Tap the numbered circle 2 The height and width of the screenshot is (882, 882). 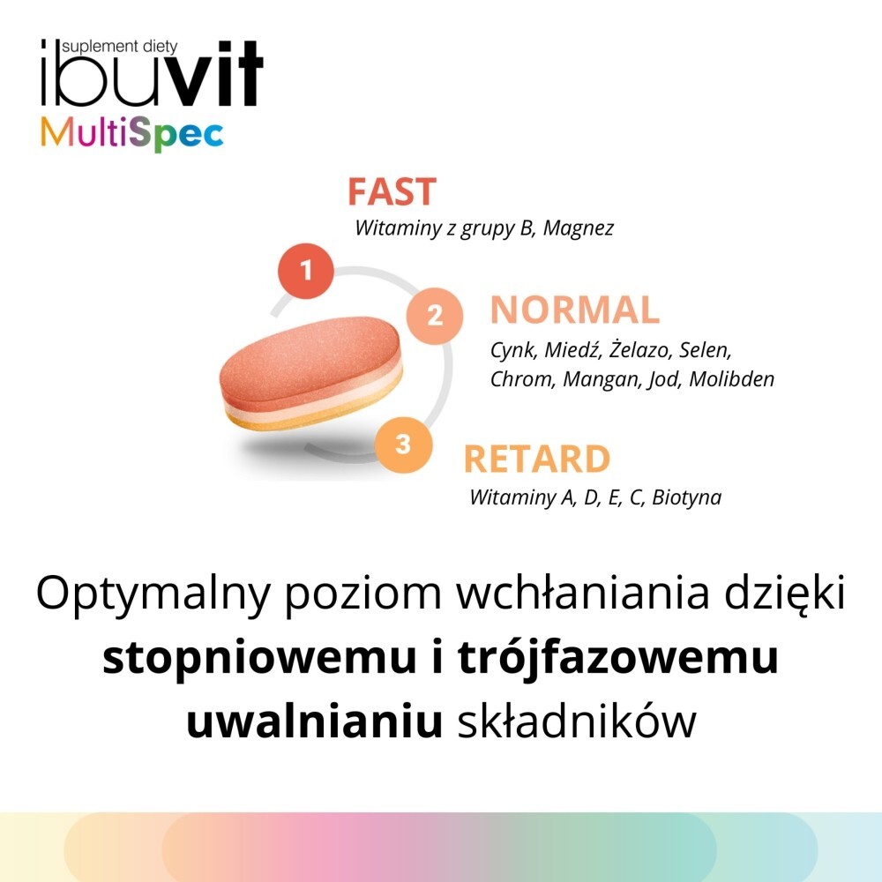434,315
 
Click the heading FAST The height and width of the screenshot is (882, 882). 392,192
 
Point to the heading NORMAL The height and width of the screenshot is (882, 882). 574,310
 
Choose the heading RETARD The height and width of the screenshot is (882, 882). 536,460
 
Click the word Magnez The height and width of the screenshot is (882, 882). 579,228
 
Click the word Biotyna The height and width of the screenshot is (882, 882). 686,497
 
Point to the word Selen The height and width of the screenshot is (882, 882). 706,351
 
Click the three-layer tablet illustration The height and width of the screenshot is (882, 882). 312,376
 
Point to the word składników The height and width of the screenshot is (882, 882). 578,722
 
